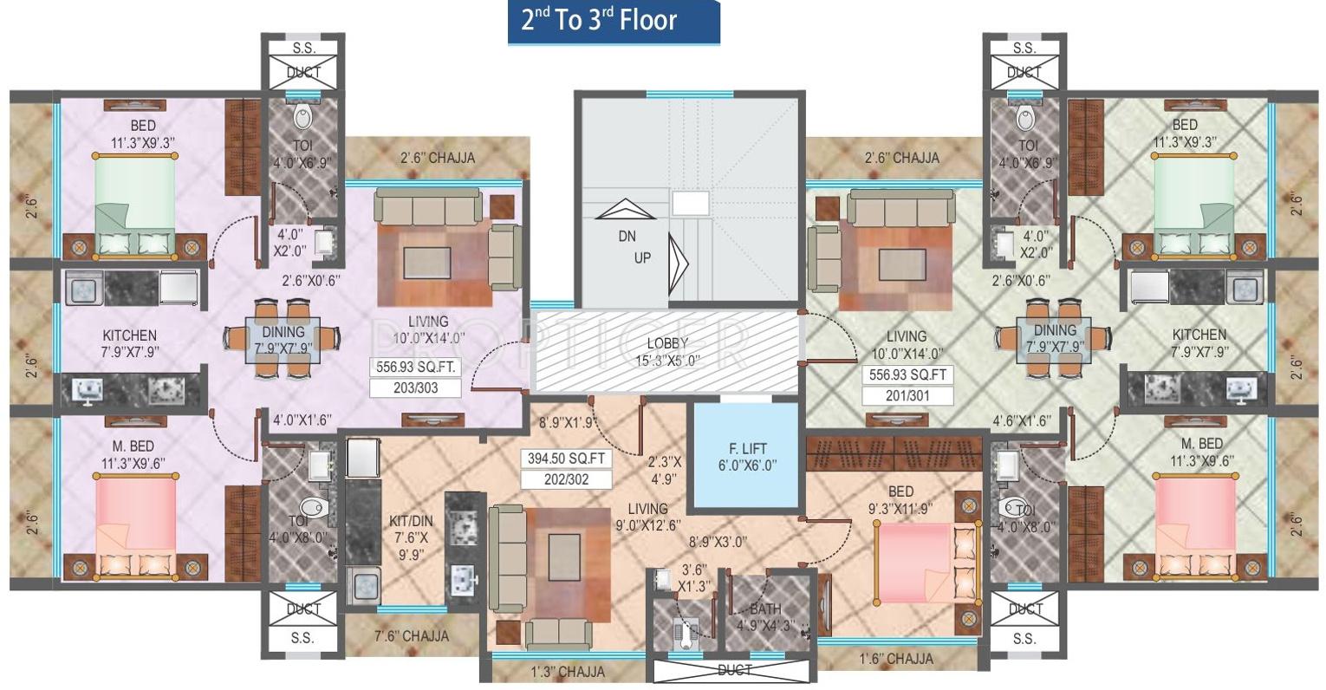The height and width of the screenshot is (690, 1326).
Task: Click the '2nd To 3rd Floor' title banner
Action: tap(613, 22)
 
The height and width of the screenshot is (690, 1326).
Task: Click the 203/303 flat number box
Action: tap(415, 387)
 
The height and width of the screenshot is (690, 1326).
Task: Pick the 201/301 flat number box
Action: tap(907, 395)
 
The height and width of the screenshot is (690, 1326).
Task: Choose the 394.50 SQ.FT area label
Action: tap(567, 459)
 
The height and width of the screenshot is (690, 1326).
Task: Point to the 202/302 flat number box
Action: tap(567, 478)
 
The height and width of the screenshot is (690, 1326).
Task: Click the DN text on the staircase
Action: tap(627, 236)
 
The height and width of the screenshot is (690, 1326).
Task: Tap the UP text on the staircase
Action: tap(642, 257)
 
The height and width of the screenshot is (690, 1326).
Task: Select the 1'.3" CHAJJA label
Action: tap(567, 671)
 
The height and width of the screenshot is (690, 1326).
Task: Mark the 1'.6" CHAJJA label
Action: tap(897, 659)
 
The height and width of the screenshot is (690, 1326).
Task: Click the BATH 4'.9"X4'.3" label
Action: tap(765, 616)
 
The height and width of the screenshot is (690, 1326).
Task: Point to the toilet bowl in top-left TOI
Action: tap(303, 118)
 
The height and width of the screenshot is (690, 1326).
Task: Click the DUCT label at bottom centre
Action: tap(735, 670)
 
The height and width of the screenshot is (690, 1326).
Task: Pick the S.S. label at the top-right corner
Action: tap(1024, 49)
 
